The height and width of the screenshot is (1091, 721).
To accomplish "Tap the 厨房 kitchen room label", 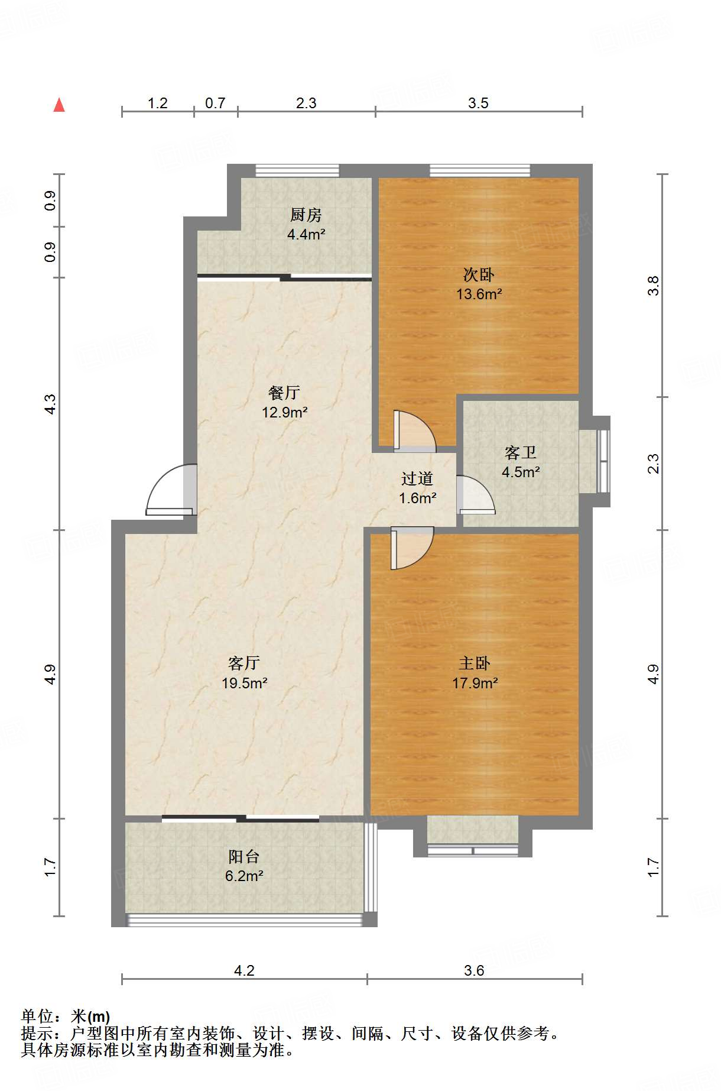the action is coord(306,215).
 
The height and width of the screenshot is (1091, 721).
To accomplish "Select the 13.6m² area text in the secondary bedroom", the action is coord(479,294).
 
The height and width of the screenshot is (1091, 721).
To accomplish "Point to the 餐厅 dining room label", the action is coord(284,392).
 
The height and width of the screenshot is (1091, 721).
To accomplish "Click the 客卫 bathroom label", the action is coord(521,452).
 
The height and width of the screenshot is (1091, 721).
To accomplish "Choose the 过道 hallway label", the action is coord(417,478).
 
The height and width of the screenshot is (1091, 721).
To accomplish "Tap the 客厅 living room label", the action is coord(244,663).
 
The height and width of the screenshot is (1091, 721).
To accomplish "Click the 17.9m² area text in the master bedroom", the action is coord(475,683).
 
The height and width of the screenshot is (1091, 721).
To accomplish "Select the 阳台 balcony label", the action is coord(244,856).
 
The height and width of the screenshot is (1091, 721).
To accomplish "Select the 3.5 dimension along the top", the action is coord(478,103).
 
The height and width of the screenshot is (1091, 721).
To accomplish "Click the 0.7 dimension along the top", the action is coord(215,103).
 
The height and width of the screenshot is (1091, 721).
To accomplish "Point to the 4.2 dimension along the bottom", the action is coord(244,970).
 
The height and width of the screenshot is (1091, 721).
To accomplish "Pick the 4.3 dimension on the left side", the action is coord(50,404).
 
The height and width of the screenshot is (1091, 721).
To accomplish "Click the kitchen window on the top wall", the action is coord(297,171).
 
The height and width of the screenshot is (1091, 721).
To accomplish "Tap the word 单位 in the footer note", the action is coord(37,1016).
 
